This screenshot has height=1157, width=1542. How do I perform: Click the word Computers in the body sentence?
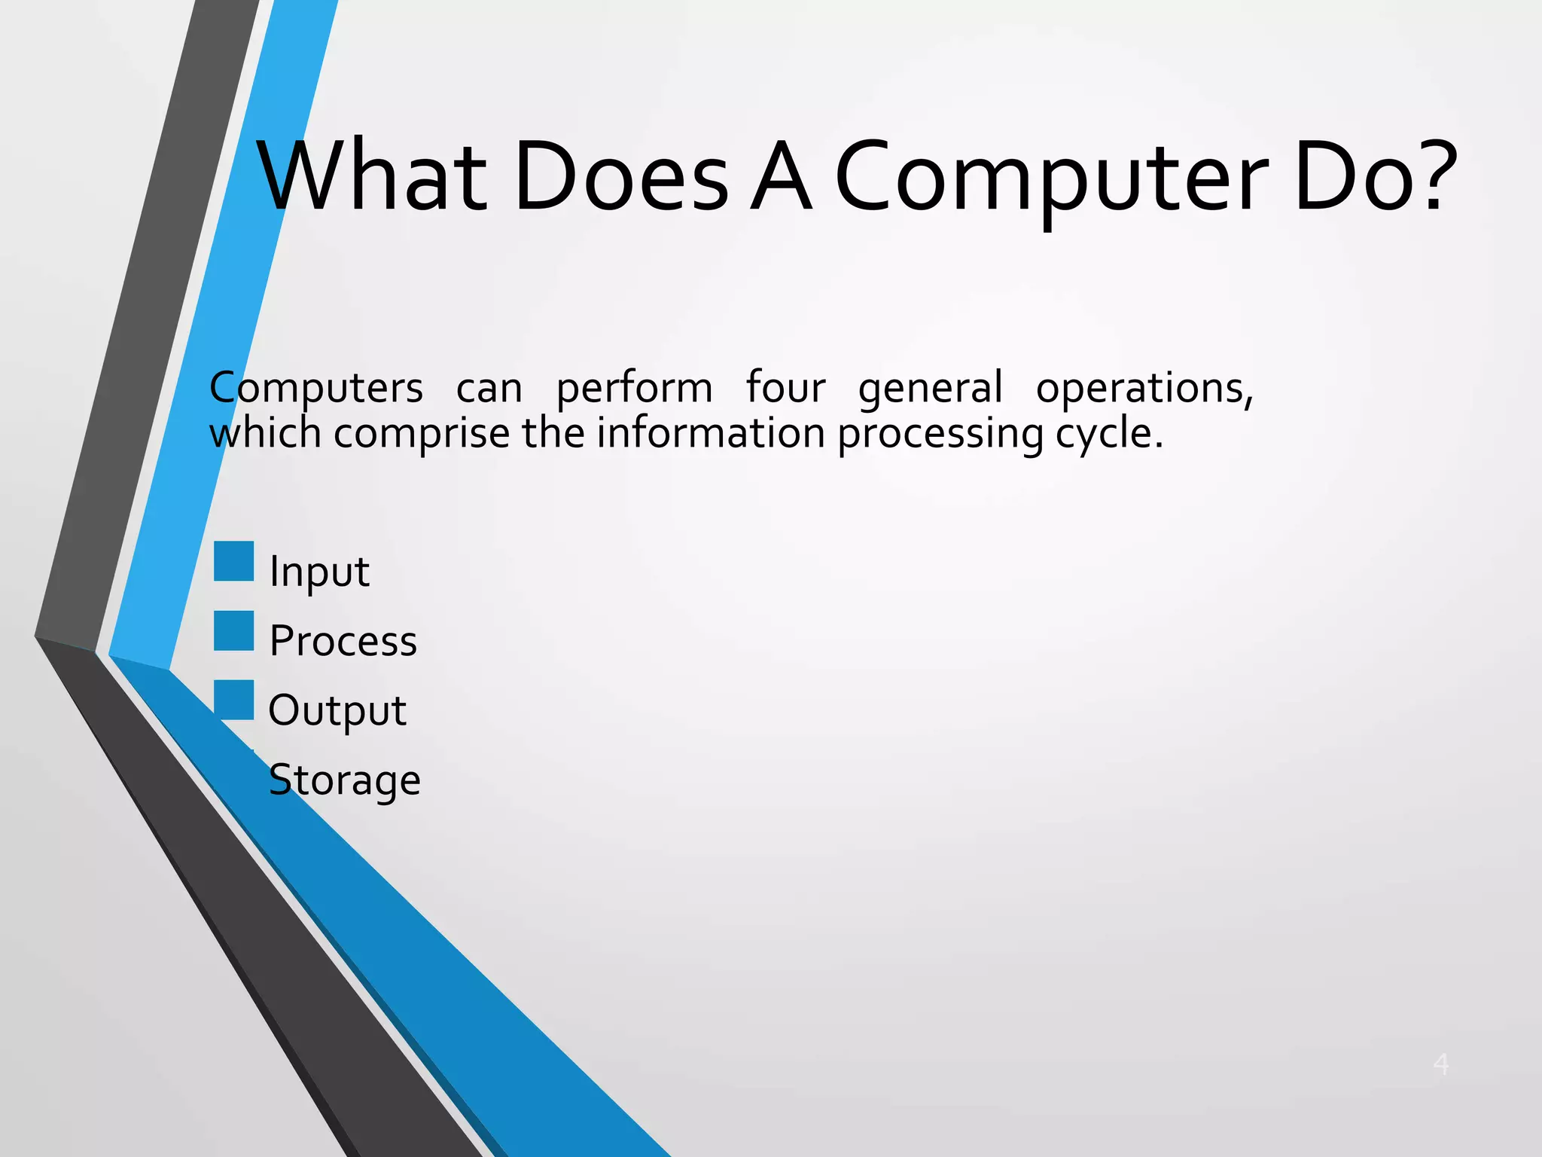coord(316,389)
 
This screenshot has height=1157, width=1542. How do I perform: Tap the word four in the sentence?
coord(785,387)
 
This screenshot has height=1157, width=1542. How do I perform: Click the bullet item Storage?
coord(344,780)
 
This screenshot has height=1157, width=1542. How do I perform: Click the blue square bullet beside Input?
coord(233,561)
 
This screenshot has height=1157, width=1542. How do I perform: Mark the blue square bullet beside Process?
coord(233,630)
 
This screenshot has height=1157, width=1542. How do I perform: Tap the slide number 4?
coord(1440,1064)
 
